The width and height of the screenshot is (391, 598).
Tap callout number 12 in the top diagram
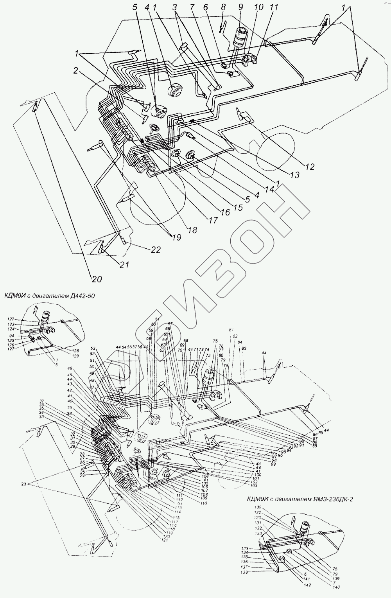coord(310,167)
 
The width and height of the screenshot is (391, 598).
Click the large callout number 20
coord(96,278)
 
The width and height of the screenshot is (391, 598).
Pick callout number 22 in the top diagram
coord(155,250)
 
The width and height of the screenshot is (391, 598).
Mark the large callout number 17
coord(213,220)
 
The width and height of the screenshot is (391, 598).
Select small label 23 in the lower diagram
coord(25,484)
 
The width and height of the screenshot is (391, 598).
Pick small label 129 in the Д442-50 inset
coord(75,356)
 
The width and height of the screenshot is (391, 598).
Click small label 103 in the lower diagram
coord(254,485)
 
